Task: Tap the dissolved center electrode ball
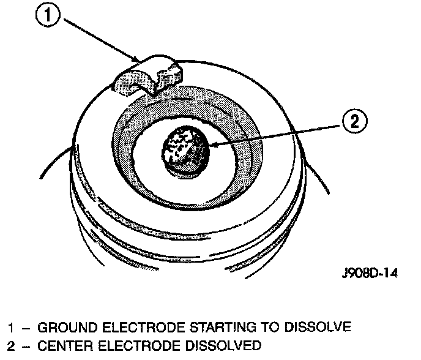185,148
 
